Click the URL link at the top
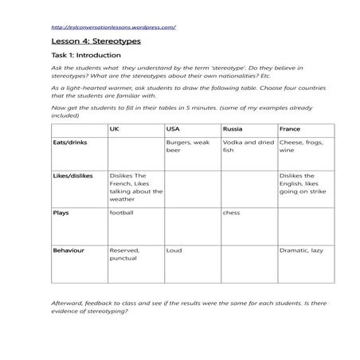click(112, 26)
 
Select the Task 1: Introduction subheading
click(86, 56)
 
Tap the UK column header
click(114, 128)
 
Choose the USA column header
click(174, 128)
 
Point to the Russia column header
click(232, 128)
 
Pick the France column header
click(289, 128)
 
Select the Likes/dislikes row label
click(72, 176)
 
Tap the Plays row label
click(61, 213)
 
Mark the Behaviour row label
click(68, 250)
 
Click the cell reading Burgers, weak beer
click(188, 147)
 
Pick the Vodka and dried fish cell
click(248, 147)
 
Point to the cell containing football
click(122, 213)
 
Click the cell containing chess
click(231, 213)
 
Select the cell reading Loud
click(174, 250)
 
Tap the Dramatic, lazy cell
click(301, 250)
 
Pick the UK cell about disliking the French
click(135, 188)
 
